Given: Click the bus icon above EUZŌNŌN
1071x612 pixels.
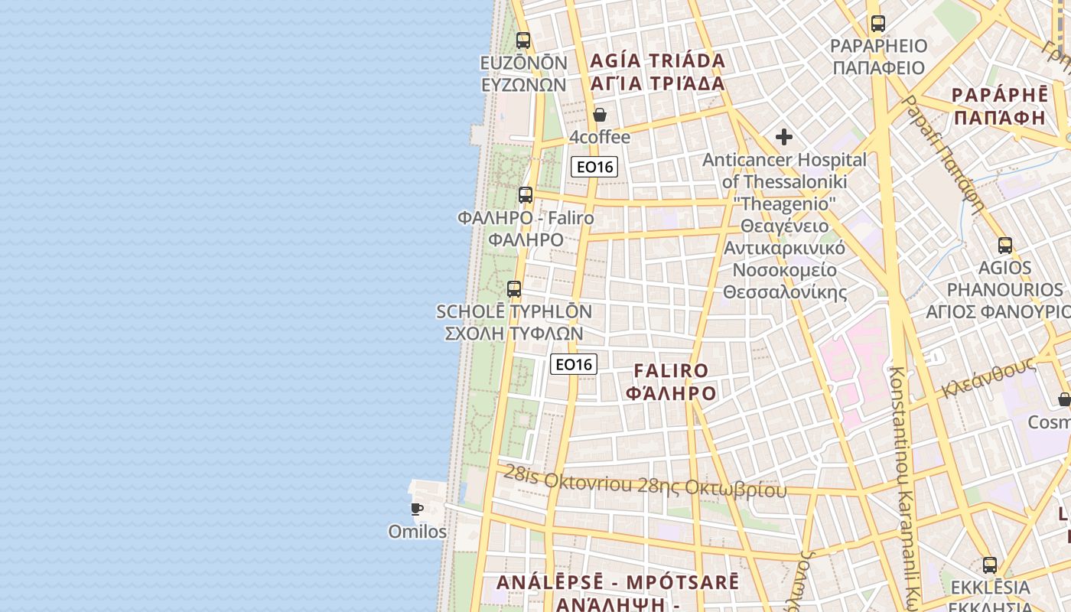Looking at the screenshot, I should point(523,41).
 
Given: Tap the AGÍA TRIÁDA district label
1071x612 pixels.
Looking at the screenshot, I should point(657,61).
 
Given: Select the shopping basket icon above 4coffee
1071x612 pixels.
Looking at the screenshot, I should point(600,116).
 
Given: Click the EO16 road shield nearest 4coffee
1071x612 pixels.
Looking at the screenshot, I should point(594,167).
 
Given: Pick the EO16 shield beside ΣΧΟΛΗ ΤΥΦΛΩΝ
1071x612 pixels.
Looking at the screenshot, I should point(574,364).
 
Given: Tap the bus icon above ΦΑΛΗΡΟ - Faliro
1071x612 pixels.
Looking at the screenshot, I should point(525,195).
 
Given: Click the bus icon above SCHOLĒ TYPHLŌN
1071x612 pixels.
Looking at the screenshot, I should point(514,289).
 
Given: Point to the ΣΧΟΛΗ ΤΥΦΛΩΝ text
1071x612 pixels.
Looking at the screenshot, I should point(514,334).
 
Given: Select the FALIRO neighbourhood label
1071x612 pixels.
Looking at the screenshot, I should point(672,371).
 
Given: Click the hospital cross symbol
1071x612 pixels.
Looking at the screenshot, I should point(784,137).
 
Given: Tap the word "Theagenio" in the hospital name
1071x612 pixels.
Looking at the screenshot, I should point(786,204).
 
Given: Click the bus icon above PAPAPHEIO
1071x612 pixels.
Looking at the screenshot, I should point(877,24).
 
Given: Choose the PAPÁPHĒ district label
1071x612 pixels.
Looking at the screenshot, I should point(1000,96).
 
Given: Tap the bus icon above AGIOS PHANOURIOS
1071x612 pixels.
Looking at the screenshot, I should point(1005,246).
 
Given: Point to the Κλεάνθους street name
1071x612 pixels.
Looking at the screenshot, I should point(988,376).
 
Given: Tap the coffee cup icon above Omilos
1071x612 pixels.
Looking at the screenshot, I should point(417,509).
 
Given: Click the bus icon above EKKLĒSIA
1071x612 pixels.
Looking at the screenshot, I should point(990,566).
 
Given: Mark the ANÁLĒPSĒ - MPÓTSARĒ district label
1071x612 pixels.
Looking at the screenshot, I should point(618,582).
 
